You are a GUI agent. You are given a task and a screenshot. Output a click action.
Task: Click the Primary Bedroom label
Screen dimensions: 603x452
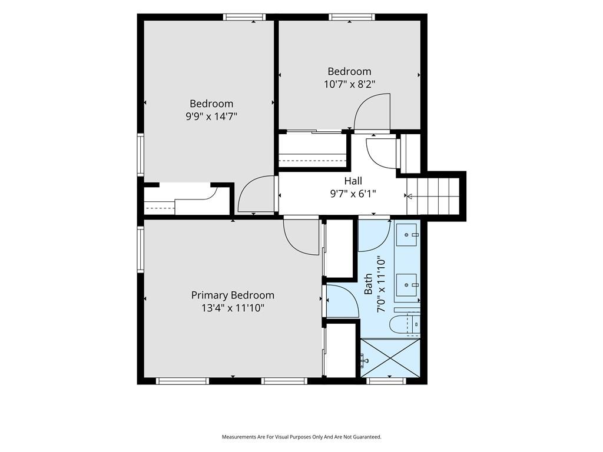(x=233, y=295)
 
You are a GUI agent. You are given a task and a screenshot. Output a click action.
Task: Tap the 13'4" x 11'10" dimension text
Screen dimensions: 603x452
(x=233, y=308)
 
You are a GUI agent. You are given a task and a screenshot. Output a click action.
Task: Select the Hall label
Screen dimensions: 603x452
(x=353, y=181)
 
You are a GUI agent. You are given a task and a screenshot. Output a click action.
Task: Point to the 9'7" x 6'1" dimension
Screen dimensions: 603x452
(x=353, y=193)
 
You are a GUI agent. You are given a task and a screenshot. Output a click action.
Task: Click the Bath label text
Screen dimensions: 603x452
(x=368, y=284)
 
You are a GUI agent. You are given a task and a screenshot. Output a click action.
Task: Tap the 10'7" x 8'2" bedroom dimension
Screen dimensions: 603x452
(x=349, y=84)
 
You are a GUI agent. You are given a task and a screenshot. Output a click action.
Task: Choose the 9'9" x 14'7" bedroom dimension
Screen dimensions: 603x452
(x=211, y=116)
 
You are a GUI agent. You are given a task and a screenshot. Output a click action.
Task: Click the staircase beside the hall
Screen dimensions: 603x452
(x=433, y=196)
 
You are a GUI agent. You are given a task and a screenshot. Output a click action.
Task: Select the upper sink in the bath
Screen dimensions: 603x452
(x=407, y=235)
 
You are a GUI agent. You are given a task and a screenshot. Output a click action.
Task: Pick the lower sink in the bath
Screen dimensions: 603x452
(x=407, y=285)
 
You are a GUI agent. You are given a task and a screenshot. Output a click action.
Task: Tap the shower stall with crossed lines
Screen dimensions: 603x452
(x=390, y=358)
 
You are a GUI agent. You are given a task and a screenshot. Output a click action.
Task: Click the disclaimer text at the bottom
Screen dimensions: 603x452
(x=301, y=437)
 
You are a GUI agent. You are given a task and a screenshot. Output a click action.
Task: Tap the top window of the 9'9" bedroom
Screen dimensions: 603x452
(x=244, y=17)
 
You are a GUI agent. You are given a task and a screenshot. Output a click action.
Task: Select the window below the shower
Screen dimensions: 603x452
(x=386, y=381)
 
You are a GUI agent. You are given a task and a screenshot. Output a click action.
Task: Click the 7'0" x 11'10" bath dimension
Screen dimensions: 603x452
(x=381, y=284)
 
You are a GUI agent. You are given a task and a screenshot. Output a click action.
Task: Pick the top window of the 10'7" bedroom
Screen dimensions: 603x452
(x=352, y=17)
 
